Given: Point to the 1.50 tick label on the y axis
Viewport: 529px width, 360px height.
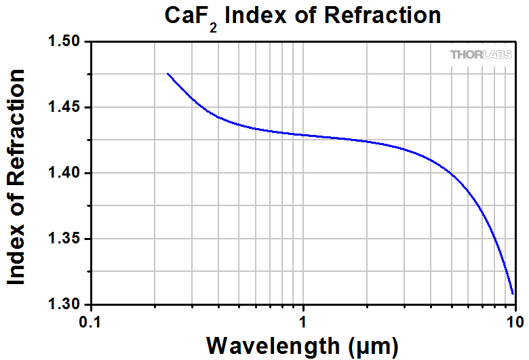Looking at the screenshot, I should coord(66,42).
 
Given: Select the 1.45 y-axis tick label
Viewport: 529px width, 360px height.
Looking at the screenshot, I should coord(66,108).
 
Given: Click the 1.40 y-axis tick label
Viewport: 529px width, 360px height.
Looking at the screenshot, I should coord(66,174).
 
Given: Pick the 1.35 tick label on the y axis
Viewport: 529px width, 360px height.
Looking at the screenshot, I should coord(66,239).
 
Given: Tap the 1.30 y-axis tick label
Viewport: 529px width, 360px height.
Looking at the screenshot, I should coord(66,304).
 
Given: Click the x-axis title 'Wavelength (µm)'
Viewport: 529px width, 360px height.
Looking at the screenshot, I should coord(302,345).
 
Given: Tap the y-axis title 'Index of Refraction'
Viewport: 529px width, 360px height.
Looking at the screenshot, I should coord(16,176).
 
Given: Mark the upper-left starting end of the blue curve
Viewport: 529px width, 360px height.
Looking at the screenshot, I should coord(168,73).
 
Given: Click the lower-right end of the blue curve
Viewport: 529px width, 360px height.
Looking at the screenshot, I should coord(513,294).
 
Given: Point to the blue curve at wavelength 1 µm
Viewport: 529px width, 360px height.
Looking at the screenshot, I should coord(303,135).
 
